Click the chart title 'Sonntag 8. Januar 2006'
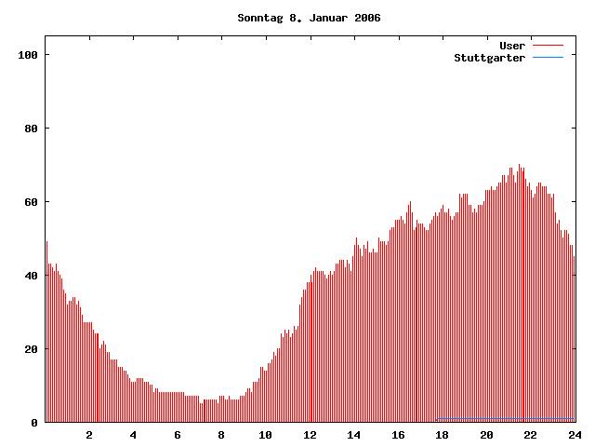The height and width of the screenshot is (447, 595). (309, 18)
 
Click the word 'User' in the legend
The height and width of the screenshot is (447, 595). (512, 46)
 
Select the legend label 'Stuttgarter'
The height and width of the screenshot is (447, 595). (490, 58)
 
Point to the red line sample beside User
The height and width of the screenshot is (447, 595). (548, 46)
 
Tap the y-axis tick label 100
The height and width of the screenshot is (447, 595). (28, 55)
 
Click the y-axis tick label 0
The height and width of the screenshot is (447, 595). (34, 423)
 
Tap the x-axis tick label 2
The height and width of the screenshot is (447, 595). (89, 435)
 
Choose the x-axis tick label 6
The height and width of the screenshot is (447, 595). (178, 435)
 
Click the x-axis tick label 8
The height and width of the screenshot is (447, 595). (221, 435)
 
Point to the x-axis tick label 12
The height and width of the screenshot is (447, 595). (310, 435)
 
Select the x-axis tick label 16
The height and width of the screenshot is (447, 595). (398, 435)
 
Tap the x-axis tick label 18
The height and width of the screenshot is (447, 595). (442, 435)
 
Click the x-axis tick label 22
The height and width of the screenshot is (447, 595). (530, 435)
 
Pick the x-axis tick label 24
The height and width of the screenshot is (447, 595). (575, 435)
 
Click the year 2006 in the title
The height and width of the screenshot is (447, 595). (367, 18)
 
